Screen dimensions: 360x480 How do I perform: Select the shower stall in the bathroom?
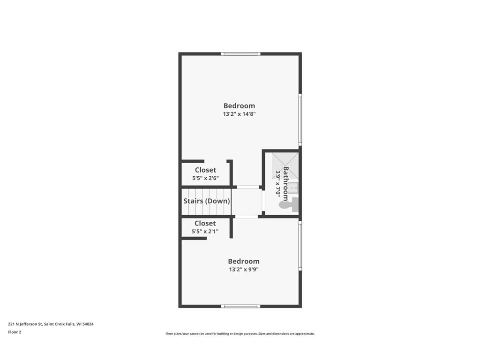coord(285,165)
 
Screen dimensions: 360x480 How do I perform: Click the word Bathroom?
coord(285,183)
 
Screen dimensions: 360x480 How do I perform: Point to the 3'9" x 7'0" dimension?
coord(278,183)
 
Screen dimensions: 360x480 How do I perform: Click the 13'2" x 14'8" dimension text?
coord(239,114)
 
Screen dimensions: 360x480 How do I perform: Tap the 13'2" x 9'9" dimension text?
coord(244,270)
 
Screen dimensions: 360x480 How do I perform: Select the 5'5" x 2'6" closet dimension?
coord(205,178)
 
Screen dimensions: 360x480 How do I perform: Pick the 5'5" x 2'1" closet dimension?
coord(205,232)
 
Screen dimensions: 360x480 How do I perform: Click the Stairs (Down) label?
coord(207,201)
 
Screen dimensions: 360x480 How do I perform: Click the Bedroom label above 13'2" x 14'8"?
coord(239,106)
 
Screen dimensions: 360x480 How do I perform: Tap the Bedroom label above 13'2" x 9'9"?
coord(244,261)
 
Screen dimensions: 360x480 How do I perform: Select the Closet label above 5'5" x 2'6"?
coord(205,170)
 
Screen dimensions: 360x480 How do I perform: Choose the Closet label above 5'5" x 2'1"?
coord(205,224)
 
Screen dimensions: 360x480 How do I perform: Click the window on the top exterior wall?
coord(241,54)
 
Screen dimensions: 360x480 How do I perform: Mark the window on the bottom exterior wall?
coord(241,306)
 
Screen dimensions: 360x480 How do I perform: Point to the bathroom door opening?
coord(263,202)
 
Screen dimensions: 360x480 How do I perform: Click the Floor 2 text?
coord(15,332)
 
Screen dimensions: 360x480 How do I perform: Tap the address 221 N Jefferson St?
coord(51,324)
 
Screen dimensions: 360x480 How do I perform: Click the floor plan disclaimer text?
coord(240,334)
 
